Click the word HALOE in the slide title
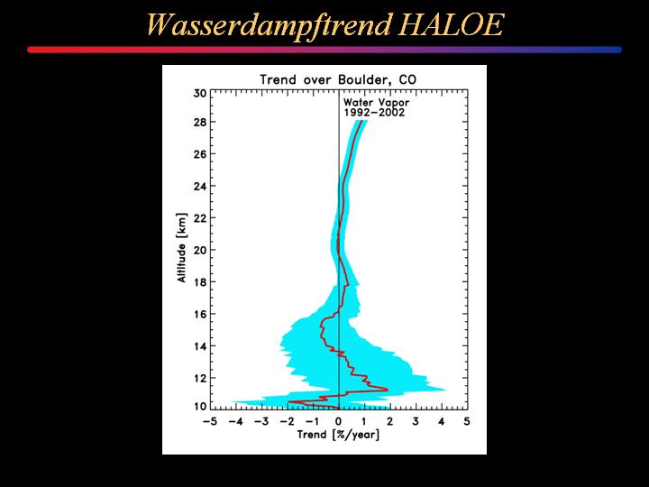coord(452,25)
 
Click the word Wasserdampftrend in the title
coord(269,25)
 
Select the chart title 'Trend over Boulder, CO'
coord(338,79)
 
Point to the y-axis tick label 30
coord(199,94)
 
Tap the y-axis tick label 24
coord(199,186)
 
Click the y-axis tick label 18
coord(199,282)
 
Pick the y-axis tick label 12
coord(199,378)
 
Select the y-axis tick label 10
coord(199,407)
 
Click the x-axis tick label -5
coord(210,421)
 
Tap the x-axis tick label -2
coord(287,421)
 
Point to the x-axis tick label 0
coord(339,421)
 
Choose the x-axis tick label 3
coord(416,421)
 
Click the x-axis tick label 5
coord(467,421)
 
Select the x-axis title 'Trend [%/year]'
coord(338,435)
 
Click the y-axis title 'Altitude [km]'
coord(182,248)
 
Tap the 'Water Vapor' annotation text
coord(376,102)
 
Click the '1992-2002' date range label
coord(374,113)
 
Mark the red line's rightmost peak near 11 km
coord(388,390)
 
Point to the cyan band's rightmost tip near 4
coord(444,390)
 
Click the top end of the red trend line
coord(361,121)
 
